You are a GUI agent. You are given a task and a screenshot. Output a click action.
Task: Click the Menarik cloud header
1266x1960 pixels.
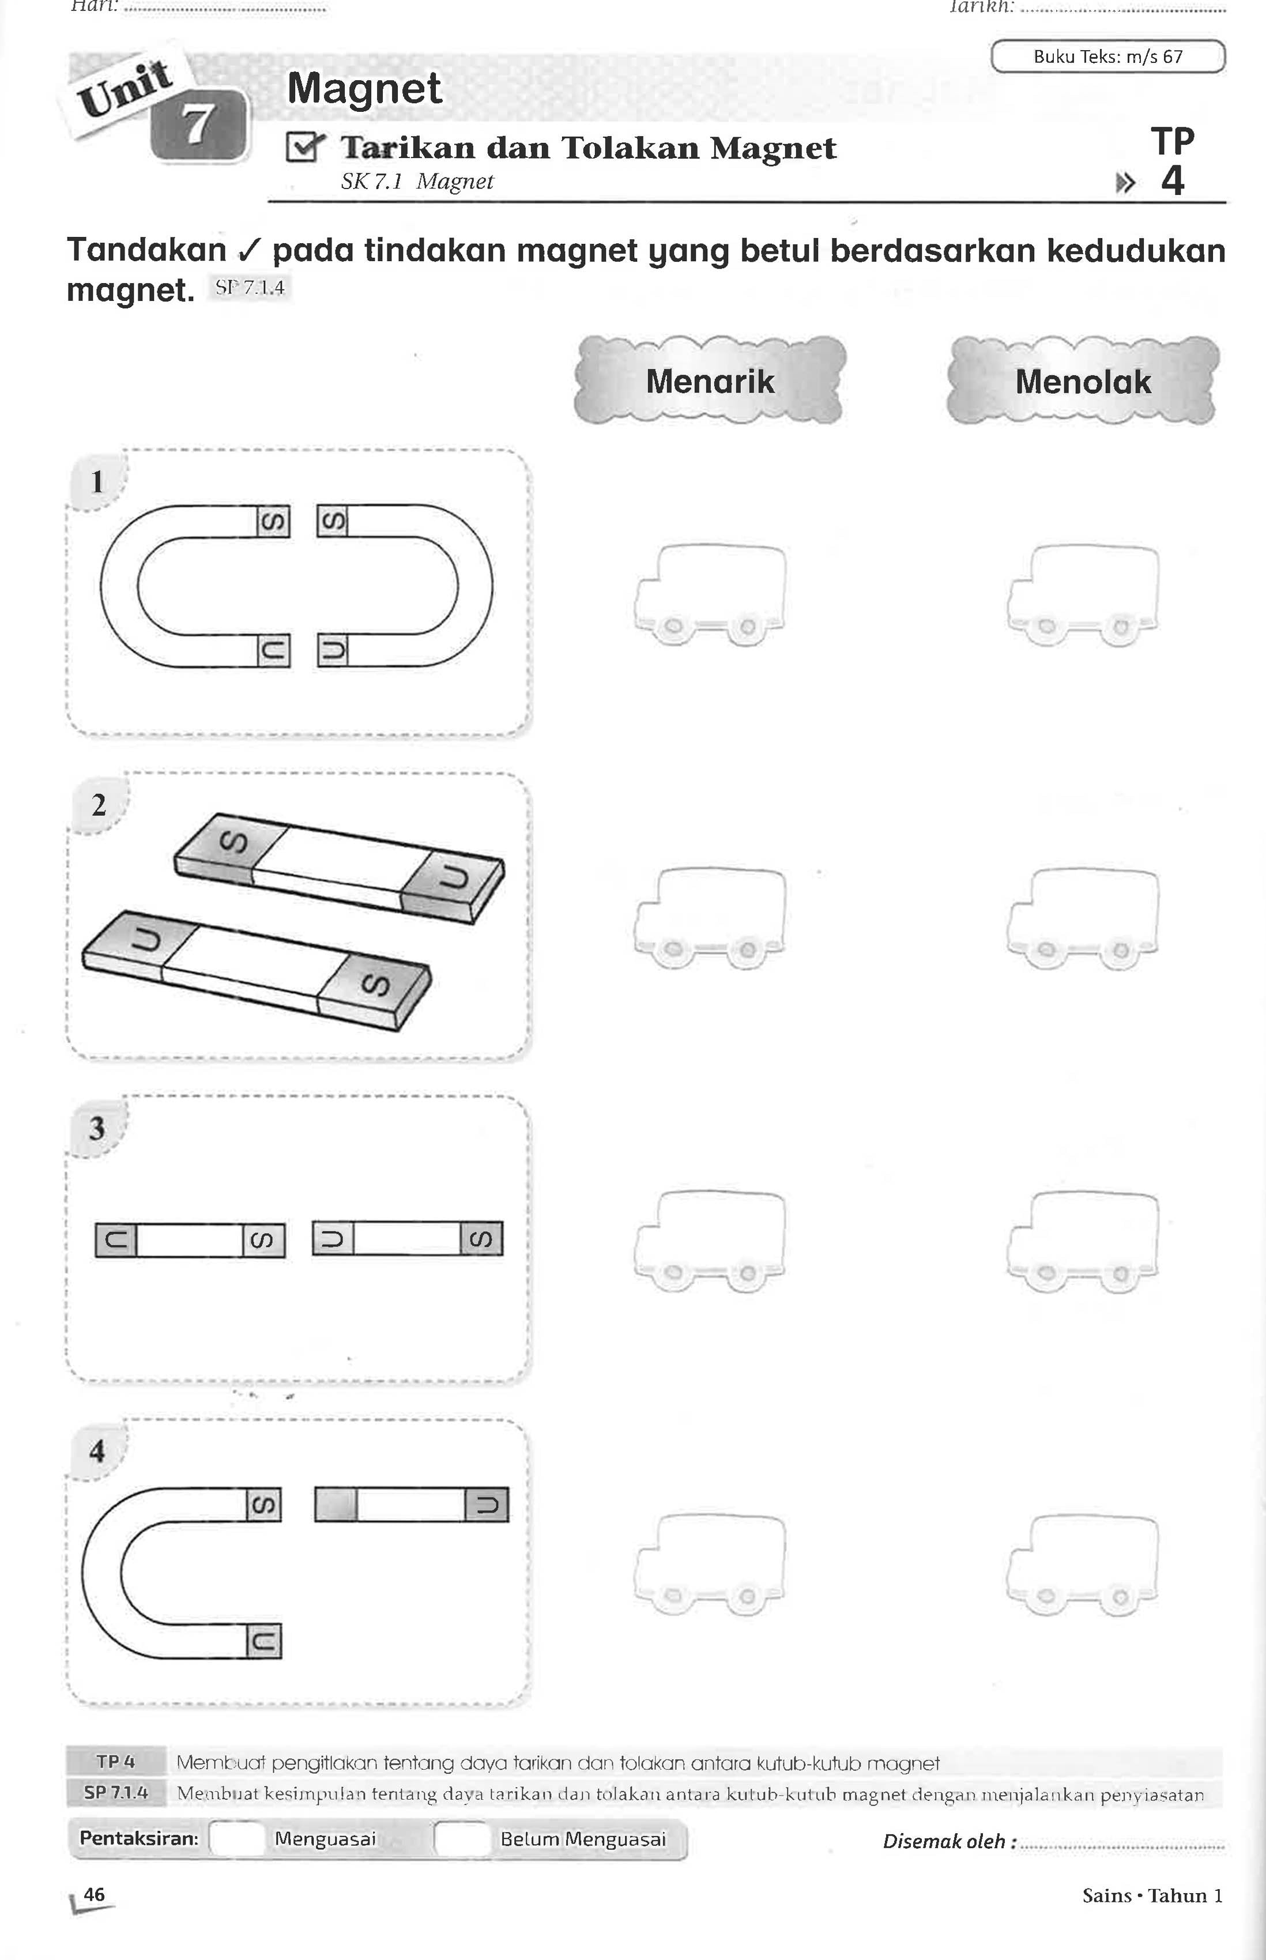(710, 380)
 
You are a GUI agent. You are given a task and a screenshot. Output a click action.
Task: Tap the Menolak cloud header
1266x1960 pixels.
(1083, 380)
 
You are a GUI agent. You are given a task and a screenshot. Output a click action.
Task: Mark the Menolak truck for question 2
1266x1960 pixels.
(1083, 917)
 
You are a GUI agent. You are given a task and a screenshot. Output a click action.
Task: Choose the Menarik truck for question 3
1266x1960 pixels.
(710, 1241)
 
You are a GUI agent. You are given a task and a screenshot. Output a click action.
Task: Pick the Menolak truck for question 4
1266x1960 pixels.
(1083, 1564)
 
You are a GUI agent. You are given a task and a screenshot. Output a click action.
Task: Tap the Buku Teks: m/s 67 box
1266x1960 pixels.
(1107, 56)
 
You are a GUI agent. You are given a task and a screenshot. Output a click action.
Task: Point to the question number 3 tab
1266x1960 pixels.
(97, 1128)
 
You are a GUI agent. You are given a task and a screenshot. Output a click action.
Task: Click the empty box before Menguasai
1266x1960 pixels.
(237, 1839)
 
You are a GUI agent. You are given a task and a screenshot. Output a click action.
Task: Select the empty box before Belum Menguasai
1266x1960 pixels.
(462, 1839)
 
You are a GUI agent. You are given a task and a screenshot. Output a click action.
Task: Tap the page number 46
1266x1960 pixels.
(95, 1894)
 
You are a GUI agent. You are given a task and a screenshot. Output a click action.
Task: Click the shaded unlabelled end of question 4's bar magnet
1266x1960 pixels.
(336, 1504)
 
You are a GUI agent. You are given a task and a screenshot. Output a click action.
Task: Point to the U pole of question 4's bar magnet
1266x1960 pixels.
(487, 1504)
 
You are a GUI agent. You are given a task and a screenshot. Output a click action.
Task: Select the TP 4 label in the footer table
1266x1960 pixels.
(116, 1762)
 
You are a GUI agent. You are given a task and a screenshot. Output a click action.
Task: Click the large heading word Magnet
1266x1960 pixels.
(364, 88)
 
